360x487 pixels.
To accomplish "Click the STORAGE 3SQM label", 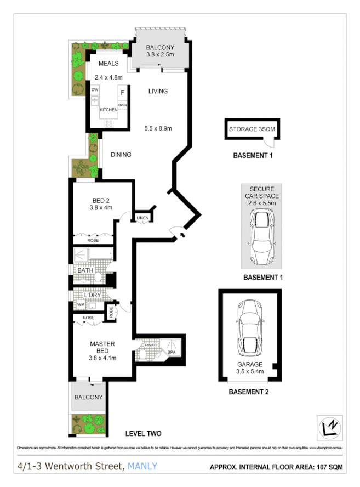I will (253, 129).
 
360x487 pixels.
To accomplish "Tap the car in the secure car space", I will (261, 234).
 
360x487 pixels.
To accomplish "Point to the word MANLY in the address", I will (142, 467).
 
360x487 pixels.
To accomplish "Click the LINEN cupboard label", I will (142, 218).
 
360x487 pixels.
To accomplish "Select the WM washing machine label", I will (80, 304).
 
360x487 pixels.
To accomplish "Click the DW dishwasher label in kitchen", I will (94, 89).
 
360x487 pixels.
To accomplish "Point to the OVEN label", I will (123, 105).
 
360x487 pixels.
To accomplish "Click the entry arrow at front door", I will (182, 235).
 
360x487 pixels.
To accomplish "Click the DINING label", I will (121, 155).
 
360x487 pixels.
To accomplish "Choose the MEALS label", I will (108, 64).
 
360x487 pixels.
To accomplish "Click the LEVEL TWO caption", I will (142, 433).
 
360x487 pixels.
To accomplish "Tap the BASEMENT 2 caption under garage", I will (249, 392).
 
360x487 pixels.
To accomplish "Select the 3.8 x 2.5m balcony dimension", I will (160, 54).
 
